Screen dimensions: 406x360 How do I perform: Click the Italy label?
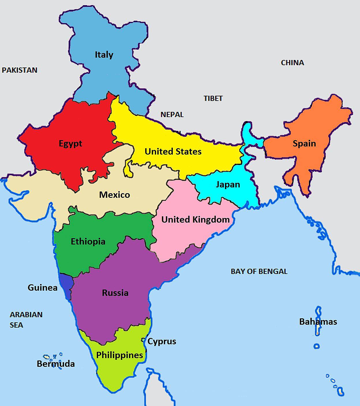click(104, 54)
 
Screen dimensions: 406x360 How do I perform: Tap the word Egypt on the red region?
click(70, 144)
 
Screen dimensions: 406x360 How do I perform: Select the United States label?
click(173, 151)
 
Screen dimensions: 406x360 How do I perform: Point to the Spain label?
click(304, 143)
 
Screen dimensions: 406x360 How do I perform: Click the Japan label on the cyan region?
click(228, 185)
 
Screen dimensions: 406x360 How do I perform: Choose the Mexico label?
click(115, 195)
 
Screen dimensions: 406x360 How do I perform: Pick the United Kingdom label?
click(195, 220)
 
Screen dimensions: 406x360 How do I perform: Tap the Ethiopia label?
click(88, 241)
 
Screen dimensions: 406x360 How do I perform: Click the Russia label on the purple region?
click(115, 293)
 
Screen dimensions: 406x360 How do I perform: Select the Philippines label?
click(119, 355)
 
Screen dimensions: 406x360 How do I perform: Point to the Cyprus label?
click(162, 341)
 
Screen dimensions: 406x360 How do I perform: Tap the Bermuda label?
click(56, 364)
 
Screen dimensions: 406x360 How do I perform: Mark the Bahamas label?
click(318, 322)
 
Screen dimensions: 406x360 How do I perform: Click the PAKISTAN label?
click(20, 70)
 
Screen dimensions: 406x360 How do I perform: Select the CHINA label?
click(292, 63)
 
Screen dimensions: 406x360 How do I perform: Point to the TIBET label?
click(213, 98)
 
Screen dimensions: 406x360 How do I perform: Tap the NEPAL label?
click(172, 114)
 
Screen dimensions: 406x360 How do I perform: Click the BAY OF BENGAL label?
click(259, 271)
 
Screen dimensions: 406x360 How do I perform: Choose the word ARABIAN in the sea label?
click(26, 315)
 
